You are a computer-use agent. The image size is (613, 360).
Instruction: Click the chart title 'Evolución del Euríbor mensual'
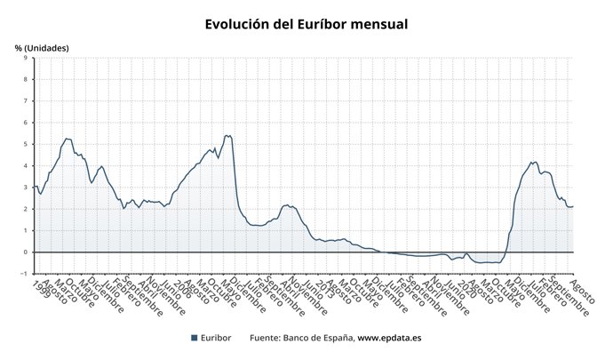[306, 24]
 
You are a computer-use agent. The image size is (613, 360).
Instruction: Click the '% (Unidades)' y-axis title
[42, 47]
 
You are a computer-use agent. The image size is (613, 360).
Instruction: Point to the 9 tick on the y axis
[25, 58]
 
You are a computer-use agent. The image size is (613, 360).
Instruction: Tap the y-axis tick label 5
[25, 144]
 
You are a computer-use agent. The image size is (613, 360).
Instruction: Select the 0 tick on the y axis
[25, 252]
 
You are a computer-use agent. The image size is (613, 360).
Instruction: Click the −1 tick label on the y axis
[23, 273]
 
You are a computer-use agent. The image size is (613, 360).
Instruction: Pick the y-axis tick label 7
[25, 100]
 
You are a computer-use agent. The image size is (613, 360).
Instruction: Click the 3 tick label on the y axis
[25, 187]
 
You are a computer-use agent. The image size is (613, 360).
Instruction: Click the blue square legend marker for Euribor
[195, 338]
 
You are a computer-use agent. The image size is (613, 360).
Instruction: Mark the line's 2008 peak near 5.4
[227, 136]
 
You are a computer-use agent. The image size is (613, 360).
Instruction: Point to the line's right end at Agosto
[573, 206]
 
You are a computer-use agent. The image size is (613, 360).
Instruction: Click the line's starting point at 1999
[35, 186]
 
